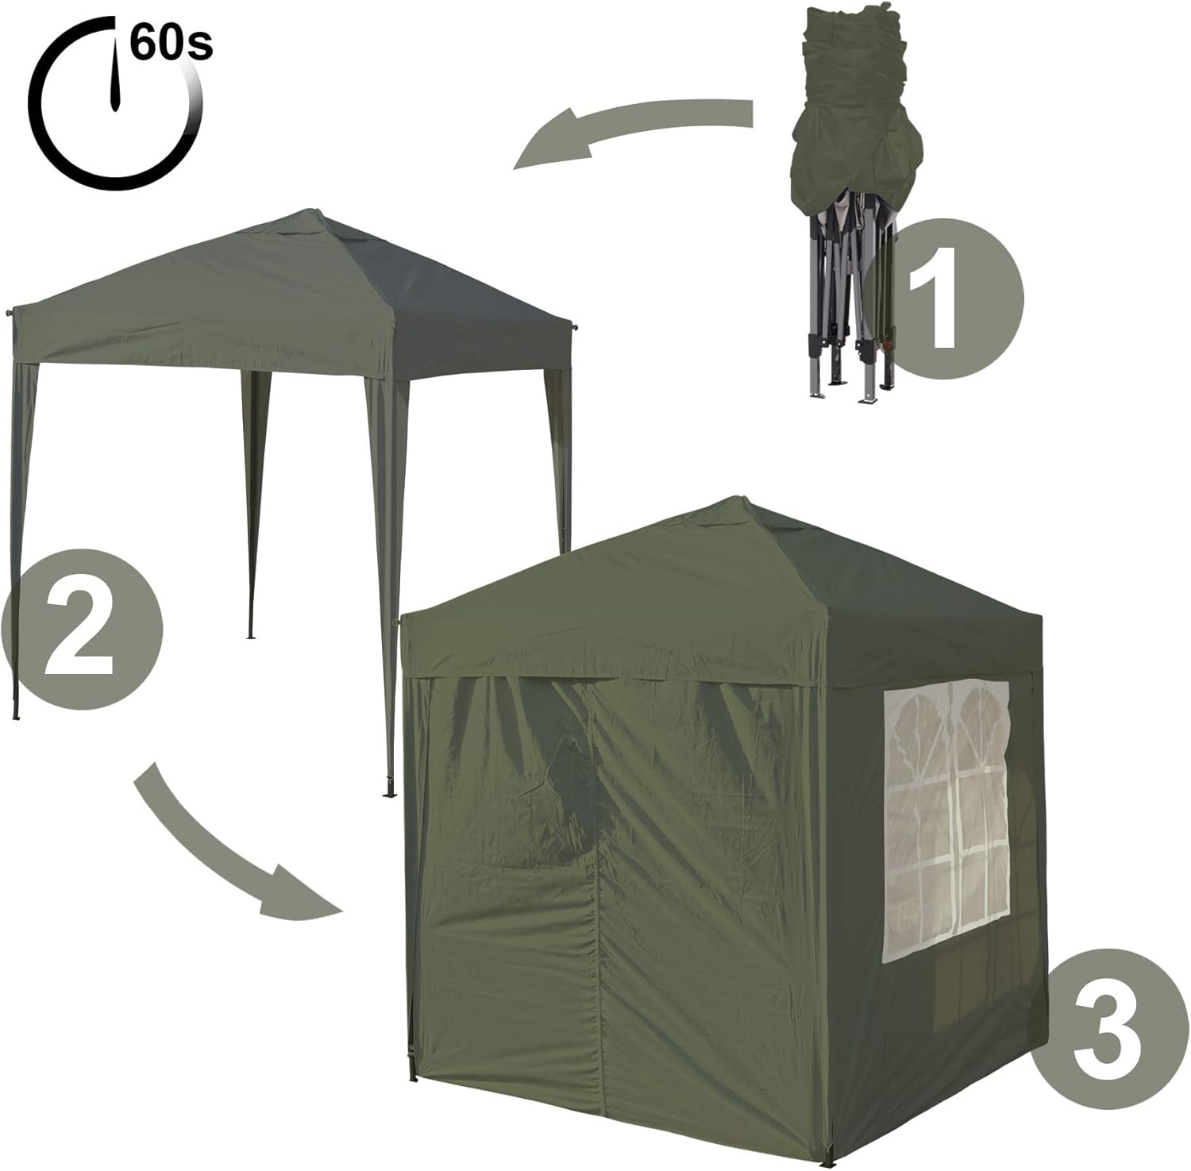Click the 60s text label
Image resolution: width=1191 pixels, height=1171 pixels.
[x=172, y=43]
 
